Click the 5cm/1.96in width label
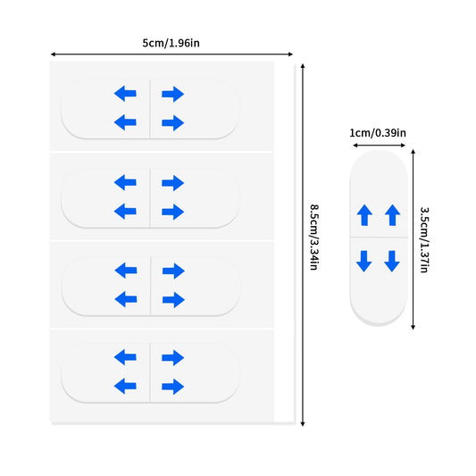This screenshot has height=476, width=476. click(171, 43)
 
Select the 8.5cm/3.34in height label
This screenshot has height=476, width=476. click(314, 237)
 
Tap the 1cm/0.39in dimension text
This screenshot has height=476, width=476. click(378, 133)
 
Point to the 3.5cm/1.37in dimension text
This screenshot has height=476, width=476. click(424, 240)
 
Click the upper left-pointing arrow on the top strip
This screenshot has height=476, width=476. click(125, 94)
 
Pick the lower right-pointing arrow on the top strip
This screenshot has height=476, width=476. click(172, 122)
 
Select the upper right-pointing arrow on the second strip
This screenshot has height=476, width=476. click(172, 183)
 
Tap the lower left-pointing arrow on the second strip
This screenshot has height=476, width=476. click(125, 212)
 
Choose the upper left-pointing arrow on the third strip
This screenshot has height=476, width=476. click(126, 271)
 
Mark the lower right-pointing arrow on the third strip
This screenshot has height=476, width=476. click(173, 300)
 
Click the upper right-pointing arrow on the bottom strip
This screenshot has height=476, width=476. click(172, 357)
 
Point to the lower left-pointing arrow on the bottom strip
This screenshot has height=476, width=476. click(125, 386)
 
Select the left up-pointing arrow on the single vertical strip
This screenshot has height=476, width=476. click(364, 215)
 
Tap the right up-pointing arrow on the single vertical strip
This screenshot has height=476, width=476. click(393, 215)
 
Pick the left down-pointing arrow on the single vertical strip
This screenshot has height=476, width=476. click(364, 261)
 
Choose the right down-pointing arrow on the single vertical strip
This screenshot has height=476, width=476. click(392, 261)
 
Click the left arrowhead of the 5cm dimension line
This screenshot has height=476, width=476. click(51, 54)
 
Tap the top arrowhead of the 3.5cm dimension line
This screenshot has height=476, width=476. click(413, 150)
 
